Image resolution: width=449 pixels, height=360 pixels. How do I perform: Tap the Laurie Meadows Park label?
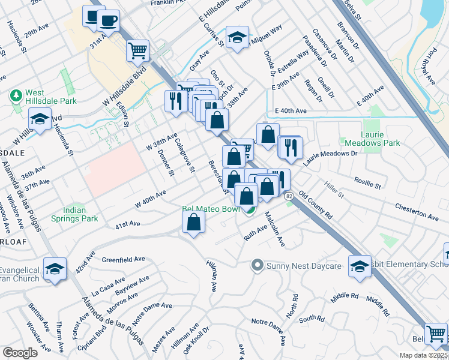click(372, 139)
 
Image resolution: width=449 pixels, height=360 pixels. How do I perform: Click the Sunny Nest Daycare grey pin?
click(258, 265)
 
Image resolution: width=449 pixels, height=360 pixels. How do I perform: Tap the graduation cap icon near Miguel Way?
click(237, 38)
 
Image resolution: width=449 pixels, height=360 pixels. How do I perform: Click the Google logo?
click(20, 353)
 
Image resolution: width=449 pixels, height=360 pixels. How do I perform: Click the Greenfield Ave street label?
click(124, 260)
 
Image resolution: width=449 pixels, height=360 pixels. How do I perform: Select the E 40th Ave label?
click(291, 111)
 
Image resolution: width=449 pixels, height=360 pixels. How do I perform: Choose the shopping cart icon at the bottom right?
click(436, 334)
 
